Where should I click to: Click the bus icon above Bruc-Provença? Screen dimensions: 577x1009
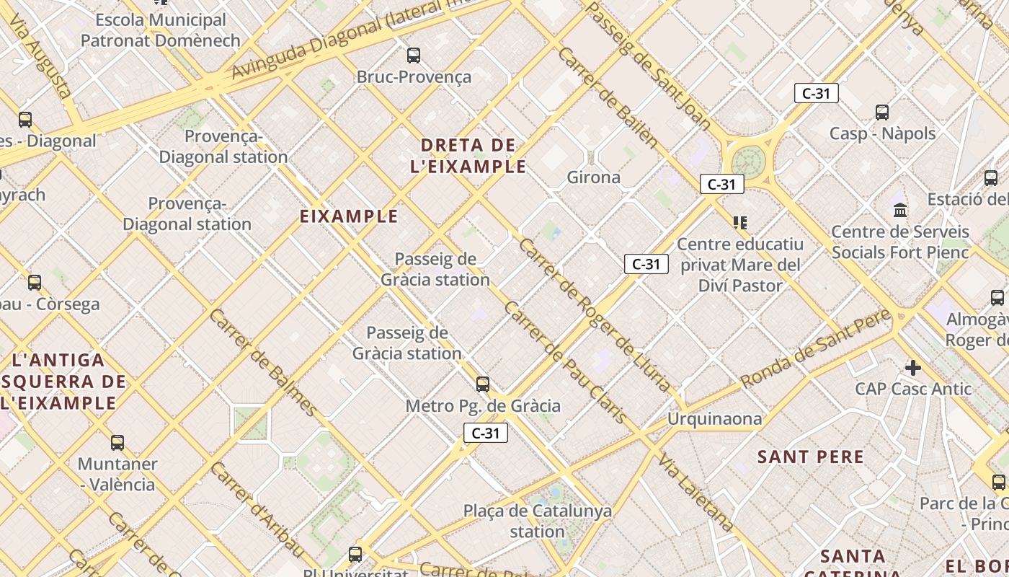pyautogui.click(x=414, y=56)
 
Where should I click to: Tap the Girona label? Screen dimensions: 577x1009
pyautogui.click(x=593, y=177)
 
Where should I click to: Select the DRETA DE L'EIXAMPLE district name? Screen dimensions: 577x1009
pyautogui.click(x=468, y=156)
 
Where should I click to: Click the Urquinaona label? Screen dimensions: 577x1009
pyautogui.click(x=714, y=419)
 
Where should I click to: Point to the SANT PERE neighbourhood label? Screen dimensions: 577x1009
pyautogui.click(x=810, y=457)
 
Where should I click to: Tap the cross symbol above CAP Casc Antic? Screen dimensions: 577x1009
pyautogui.click(x=912, y=368)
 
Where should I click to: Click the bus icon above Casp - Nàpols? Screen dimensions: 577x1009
pyautogui.click(x=882, y=113)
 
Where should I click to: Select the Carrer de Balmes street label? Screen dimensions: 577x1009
pyautogui.click(x=263, y=363)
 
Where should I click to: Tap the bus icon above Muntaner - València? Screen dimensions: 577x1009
pyautogui.click(x=117, y=443)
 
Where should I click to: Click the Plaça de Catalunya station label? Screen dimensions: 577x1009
pyautogui.click(x=537, y=521)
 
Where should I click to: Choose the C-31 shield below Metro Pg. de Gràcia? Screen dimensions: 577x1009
pyautogui.click(x=485, y=433)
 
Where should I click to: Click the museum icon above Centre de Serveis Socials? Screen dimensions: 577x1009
pyautogui.click(x=900, y=211)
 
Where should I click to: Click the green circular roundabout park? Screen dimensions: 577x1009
pyautogui.click(x=750, y=162)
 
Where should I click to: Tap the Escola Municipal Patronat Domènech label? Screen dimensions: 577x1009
pyautogui.click(x=160, y=30)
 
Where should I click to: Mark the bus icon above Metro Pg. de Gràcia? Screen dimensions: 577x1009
pyautogui.click(x=483, y=384)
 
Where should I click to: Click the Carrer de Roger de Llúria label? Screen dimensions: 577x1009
pyautogui.click(x=593, y=316)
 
